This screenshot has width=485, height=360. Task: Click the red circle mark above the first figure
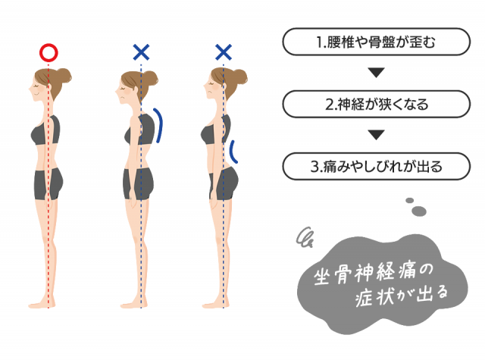[48, 52]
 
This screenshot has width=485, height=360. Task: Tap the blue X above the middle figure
[141, 52]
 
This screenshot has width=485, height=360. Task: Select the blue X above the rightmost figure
[224, 52]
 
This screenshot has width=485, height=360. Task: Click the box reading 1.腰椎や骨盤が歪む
[376, 42]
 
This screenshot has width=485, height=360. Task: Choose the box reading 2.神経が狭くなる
[376, 105]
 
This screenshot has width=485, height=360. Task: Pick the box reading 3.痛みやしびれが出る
[376, 167]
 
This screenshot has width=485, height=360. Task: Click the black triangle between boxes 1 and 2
[376, 72]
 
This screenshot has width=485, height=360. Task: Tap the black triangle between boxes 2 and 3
[376, 135]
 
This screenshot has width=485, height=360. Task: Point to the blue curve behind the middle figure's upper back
[158, 125]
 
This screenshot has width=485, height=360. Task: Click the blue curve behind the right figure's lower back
[233, 152]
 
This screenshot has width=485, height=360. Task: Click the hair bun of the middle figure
[150, 77]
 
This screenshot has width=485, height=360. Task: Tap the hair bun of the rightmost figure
[239, 76]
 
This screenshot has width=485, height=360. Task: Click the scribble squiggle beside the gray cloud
[305, 237]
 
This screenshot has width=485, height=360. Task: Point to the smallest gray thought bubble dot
[409, 200]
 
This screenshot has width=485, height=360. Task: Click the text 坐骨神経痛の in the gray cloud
[374, 274]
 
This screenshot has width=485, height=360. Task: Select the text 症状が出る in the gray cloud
[401, 296]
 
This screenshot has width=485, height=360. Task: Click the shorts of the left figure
[48, 183]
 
